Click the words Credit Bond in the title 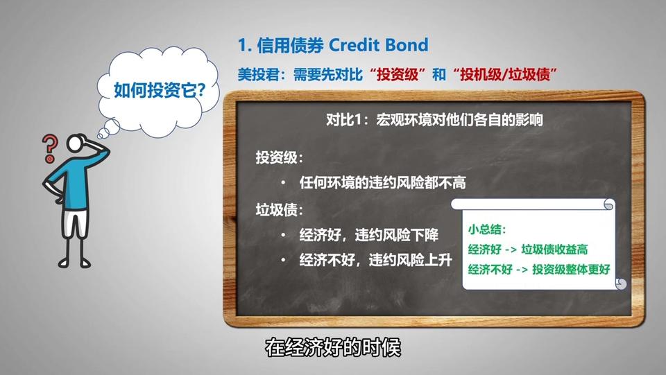coord(379,45)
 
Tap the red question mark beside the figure coord(50,148)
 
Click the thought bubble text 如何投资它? coord(160,90)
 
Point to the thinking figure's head coord(76,143)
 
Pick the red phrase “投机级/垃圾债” coord(504,75)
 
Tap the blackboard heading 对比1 coord(343,120)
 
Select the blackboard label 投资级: coord(279,158)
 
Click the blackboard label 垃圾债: coord(279,210)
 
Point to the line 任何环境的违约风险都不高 coord(383,183)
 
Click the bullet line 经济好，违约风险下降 coord(368,235)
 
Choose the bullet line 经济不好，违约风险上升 coord(375,260)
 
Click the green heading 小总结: coord(487,230)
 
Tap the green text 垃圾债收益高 coord(554,250)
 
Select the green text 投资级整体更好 coord(571,270)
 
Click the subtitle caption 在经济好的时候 coord(333,348)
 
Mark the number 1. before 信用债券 coord(245,45)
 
